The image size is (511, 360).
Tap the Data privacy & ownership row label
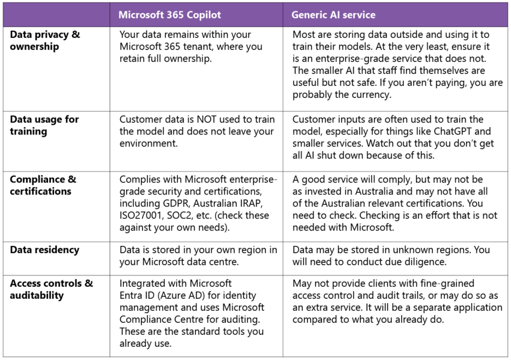(45, 40)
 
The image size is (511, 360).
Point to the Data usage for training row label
(44, 125)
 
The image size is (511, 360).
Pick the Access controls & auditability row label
(52, 289)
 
